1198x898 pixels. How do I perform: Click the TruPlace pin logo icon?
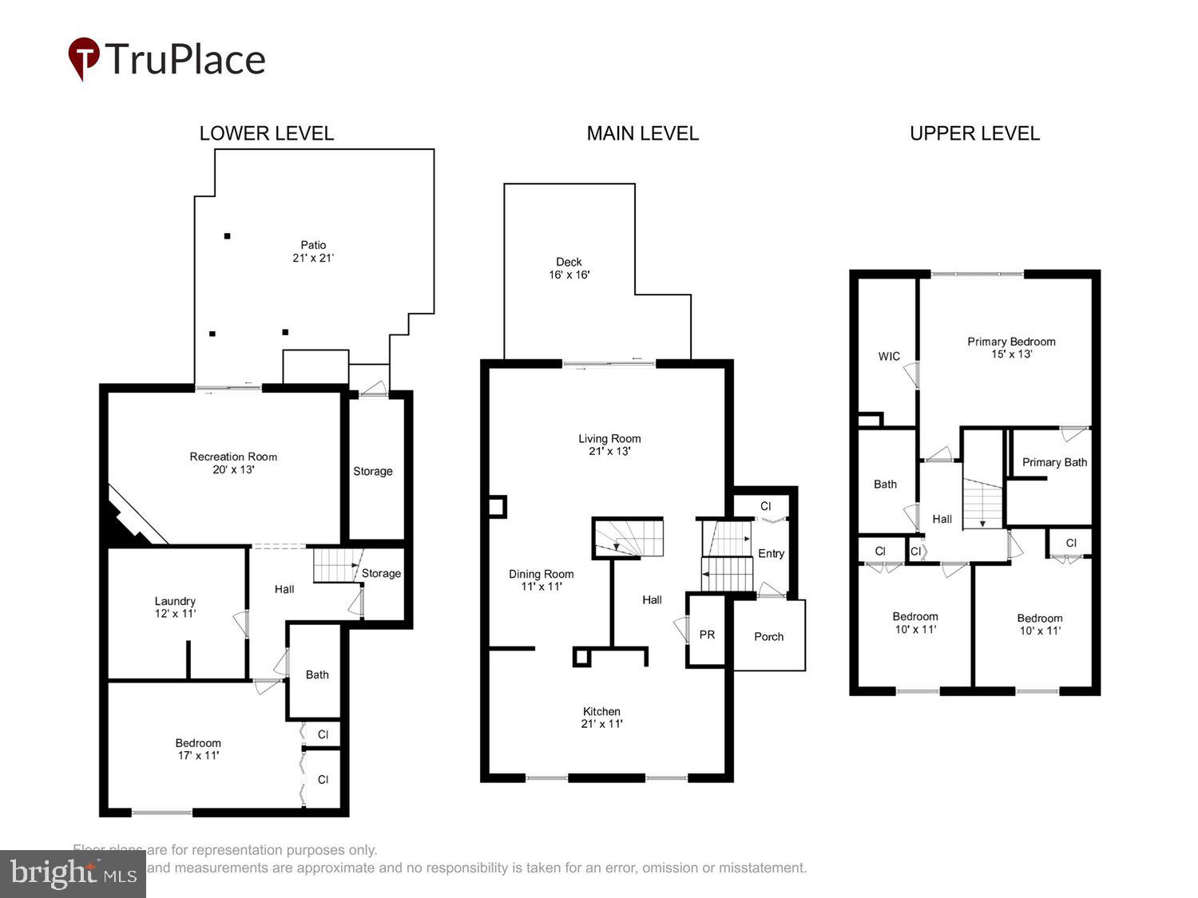click(84, 58)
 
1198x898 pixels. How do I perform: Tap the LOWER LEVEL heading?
click(266, 133)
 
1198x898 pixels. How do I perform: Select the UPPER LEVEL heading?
click(974, 133)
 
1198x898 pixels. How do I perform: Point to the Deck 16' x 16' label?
click(569, 268)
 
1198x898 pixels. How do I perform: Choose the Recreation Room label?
click(233, 463)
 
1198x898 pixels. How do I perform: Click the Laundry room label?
click(175, 607)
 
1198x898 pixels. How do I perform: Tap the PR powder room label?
click(707, 635)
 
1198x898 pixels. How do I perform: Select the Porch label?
click(768, 636)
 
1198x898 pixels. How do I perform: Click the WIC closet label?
click(889, 356)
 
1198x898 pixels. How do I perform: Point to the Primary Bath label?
click(1054, 462)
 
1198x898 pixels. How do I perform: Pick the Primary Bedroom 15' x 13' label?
click(1011, 347)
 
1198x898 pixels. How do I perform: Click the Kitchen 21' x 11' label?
click(601, 717)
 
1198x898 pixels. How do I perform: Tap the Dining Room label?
click(541, 580)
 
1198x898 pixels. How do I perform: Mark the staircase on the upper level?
click(982, 504)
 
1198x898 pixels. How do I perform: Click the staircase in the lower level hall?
click(335, 564)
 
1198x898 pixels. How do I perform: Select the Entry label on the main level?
click(771, 553)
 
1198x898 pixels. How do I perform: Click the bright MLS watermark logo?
click(73, 873)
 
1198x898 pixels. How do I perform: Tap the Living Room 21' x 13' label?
click(609, 445)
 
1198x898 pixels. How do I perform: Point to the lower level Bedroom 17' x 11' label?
click(198, 749)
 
